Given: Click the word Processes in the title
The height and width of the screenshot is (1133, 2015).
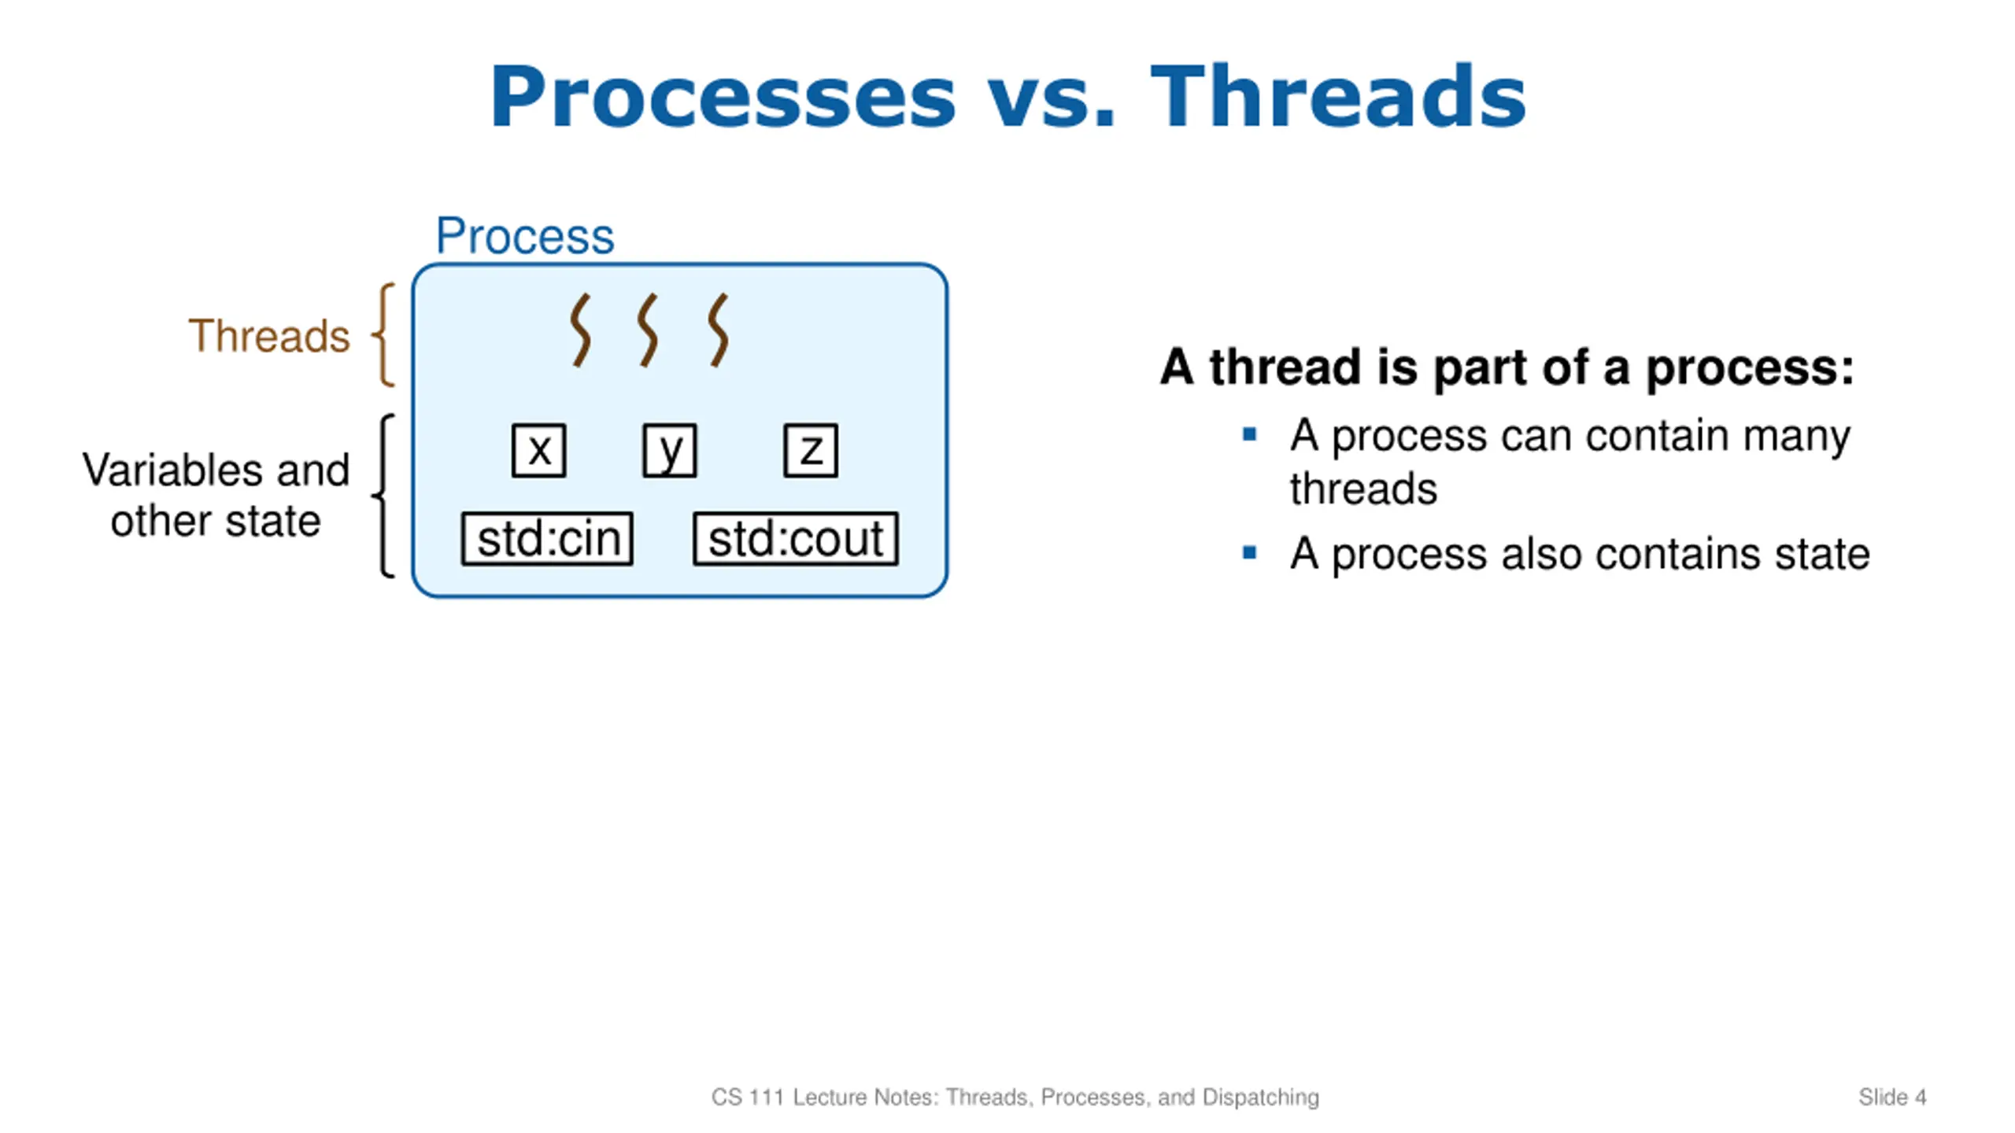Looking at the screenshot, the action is [x=723, y=98].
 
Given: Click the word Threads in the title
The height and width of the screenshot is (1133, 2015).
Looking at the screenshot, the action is [x=1338, y=96].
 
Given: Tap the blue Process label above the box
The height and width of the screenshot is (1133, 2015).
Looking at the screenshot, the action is [x=525, y=236].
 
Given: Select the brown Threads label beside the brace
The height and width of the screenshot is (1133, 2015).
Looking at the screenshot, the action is [x=268, y=336].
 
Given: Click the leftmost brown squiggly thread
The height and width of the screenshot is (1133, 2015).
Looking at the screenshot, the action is [x=581, y=330].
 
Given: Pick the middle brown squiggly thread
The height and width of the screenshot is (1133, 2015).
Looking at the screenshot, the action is [x=648, y=330].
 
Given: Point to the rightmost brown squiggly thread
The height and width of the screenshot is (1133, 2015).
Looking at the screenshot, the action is [x=718, y=330].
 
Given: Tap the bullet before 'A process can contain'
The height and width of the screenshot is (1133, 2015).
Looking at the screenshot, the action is [x=1249, y=434].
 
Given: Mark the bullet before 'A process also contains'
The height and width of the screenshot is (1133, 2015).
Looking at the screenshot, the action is [x=1249, y=552].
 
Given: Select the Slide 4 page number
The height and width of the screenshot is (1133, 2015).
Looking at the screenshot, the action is [x=1892, y=1097].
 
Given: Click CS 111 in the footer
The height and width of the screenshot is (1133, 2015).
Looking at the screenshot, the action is [x=747, y=1097].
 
